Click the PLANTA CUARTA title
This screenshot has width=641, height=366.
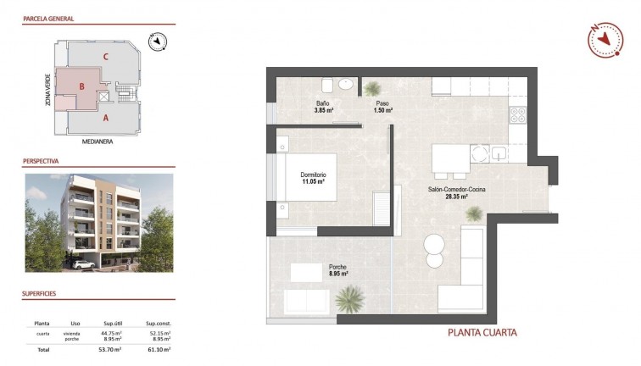tap(482, 333)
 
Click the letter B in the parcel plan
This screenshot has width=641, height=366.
tap(81, 86)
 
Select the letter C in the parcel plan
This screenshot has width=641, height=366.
tap(105, 57)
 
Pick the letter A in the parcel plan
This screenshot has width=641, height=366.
tap(105, 118)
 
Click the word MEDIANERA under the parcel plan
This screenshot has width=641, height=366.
tap(97, 141)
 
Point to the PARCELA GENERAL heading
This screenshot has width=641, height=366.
tap(48, 18)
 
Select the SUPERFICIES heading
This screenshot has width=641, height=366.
tap(40, 293)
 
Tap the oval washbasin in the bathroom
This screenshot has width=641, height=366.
tap(345, 85)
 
